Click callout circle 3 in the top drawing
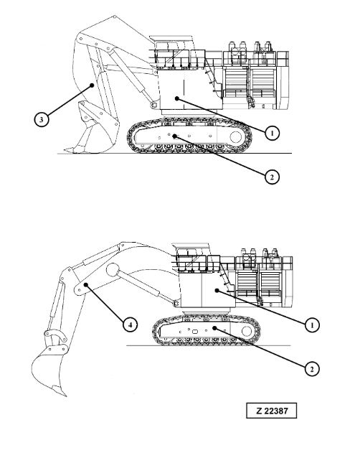(x=42, y=119)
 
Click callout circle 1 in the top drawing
(x=272, y=134)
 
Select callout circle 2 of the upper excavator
(x=272, y=177)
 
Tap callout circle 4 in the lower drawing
(x=131, y=324)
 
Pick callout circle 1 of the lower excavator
(x=312, y=325)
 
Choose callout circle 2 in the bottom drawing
(x=312, y=369)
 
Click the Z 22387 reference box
(x=271, y=411)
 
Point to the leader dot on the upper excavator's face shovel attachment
(x=92, y=85)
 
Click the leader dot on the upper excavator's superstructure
(x=177, y=98)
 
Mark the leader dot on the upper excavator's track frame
(x=174, y=136)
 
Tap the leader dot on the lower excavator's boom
(x=86, y=285)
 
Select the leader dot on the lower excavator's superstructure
(x=217, y=290)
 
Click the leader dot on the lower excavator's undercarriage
(x=214, y=328)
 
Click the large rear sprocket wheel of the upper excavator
(x=236, y=137)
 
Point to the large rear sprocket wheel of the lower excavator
(x=247, y=331)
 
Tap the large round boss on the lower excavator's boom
(x=113, y=269)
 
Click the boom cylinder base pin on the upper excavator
(x=153, y=104)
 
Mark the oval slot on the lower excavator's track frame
(x=196, y=332)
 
